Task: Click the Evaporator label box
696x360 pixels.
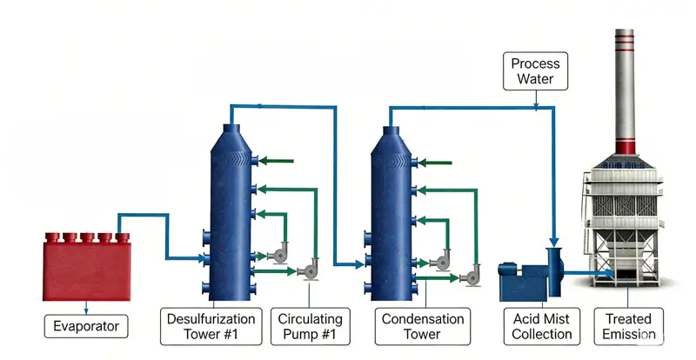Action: [86, 326]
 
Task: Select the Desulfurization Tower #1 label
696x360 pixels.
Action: [211, 326]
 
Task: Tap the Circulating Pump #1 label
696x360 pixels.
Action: [311, 326]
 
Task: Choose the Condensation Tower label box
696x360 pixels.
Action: [423, 326]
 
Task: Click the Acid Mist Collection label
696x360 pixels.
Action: [541, 326]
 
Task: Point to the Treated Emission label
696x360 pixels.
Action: [628, 326]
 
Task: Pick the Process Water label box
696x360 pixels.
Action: [535, 71]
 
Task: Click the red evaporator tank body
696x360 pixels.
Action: [86, 270]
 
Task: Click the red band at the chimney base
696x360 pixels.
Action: [625, 146]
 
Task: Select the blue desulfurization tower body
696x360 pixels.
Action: [231, 213]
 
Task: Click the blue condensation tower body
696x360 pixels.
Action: [391, 213]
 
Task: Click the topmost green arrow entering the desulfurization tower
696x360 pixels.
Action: [276, 161]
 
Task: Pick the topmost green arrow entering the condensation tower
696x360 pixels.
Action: [435, 163]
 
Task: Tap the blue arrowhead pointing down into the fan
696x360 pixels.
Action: [554, 243]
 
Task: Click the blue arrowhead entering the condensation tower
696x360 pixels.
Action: [359, 265]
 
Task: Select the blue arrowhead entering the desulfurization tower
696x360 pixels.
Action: [201, 258]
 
